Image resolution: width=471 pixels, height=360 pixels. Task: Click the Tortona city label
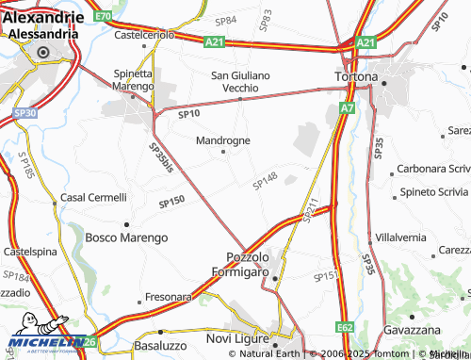pyautogui.click(x=357, y=75)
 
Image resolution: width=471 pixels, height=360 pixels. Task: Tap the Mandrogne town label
pyautogui.click(x=222, y=140)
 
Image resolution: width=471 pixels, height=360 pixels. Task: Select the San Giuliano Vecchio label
pyautogui.click(x=240, y=81)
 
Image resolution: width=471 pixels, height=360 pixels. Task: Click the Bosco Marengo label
pyautogui.click(x=126, y=237)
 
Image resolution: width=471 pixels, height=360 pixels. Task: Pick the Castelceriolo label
pyautogui.click(x=144, y=35)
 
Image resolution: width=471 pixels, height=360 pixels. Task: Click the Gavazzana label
pyautogui.click(x=413, y=331)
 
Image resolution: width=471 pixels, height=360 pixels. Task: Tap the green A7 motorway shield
pyautogui.click(x=348, y=109)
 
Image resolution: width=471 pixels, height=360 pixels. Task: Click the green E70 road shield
pyautogui.click(x=103, y=17)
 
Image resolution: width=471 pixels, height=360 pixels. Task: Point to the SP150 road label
pyautogui.click(x=171, y=201)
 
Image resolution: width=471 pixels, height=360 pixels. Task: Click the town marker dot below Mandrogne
pyautogui.click(x=223, y=151)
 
